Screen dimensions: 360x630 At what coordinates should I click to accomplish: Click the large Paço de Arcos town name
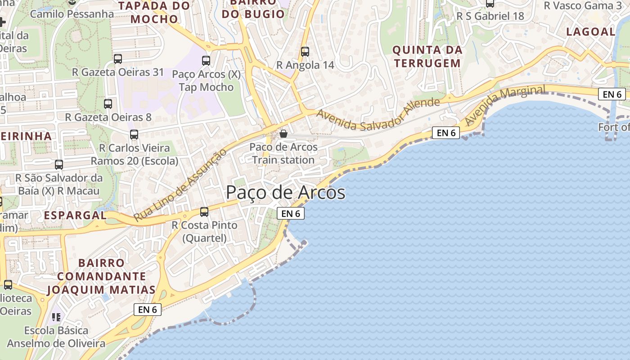click(285, 193)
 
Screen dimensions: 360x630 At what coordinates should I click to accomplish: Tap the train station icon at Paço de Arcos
click(283, 134)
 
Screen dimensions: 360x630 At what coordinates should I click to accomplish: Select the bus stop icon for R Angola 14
click(305, 52)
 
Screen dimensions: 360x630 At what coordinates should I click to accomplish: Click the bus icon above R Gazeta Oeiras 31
click(118, 59)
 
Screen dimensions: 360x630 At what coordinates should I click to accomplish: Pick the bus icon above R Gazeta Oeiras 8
click(108, 104)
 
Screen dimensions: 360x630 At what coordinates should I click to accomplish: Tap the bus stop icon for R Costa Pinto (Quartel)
click(204, 212)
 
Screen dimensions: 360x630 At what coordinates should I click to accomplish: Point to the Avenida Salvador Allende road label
click(378, 109)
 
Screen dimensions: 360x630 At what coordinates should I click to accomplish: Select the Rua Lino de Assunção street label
click(180, 185)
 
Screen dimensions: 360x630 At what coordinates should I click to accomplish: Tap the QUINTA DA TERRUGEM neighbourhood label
click(427, 56)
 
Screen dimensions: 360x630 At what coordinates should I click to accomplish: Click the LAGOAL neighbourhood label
click(590, 31)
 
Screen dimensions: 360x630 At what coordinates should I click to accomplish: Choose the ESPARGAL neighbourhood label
click(75, 215)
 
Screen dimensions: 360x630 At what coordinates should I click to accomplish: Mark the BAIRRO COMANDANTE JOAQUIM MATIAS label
click(102, 276)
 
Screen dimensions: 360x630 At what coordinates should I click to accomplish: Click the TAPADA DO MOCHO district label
click(154, 13)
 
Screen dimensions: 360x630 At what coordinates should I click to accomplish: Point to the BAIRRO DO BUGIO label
click(254, 9)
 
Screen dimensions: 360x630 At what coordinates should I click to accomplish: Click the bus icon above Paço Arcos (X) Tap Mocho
click(206, 61)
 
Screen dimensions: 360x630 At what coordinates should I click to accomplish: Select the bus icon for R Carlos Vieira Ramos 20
click(134, 135)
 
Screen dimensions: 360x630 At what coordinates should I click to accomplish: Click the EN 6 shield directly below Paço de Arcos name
click(291, 213)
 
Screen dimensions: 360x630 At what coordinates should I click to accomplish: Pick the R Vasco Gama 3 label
click(582, 5)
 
